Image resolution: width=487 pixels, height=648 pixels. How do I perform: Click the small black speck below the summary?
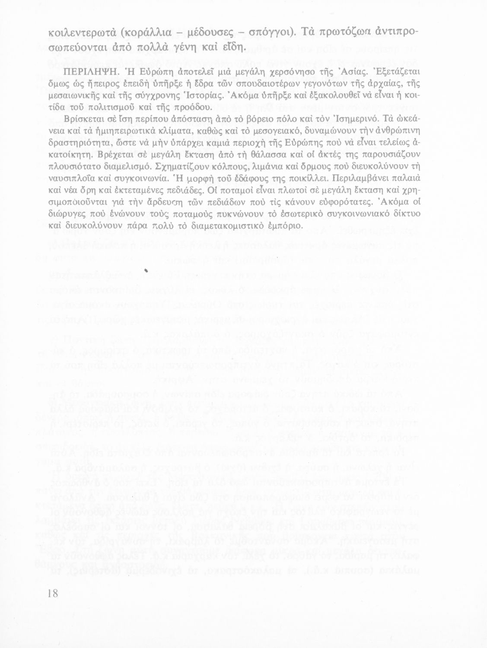pyautogui.click(x=146, y=270)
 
